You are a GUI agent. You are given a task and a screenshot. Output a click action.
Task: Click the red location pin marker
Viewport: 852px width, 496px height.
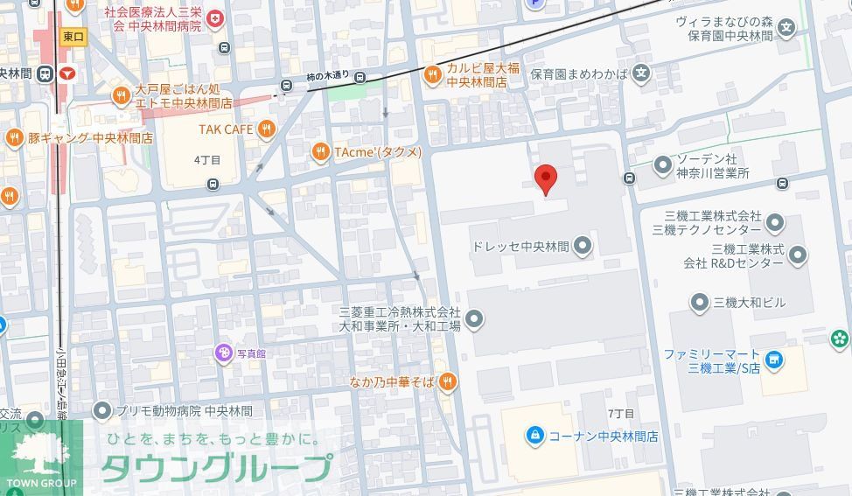click(546, 178)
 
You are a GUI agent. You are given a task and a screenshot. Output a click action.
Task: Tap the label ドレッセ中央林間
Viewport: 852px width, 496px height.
click(520, 247)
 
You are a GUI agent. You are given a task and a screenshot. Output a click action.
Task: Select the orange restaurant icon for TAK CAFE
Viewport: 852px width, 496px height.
click(267, 129)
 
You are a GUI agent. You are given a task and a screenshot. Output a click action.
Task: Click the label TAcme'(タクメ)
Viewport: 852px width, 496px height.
click(377, 152)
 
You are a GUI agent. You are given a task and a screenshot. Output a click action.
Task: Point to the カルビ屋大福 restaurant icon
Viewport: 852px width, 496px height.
click(432, 75)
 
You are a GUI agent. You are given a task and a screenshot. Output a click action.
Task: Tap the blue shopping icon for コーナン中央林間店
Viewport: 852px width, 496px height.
click(534, 435)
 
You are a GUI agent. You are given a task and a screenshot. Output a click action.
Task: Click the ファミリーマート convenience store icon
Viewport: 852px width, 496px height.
click(773, 360)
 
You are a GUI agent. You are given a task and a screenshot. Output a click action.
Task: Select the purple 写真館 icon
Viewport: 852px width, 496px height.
click(223, 353)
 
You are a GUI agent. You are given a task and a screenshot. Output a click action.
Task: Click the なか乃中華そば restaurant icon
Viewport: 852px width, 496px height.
click(447, 381)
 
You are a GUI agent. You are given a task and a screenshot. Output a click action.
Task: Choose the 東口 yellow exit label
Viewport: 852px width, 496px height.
click(73, 37)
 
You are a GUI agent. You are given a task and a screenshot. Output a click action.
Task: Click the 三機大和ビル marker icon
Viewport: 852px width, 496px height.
click(699, 303)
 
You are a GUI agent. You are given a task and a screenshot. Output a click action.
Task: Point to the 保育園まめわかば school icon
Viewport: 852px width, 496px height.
click(642, 73)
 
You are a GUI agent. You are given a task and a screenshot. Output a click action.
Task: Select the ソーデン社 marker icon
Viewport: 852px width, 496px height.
click(663, 164)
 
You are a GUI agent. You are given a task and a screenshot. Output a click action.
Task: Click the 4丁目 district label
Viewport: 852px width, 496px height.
click(207, 160)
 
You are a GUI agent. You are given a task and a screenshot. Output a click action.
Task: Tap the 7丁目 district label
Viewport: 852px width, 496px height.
click(620, 413)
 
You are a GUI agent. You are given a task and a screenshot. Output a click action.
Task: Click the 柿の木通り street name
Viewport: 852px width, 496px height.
click(328, 77)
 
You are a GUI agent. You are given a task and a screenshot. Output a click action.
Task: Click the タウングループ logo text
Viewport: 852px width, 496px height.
click(217, 468)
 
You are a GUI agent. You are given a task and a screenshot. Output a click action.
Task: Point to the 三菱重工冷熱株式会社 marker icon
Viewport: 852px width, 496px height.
click(474, 319)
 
